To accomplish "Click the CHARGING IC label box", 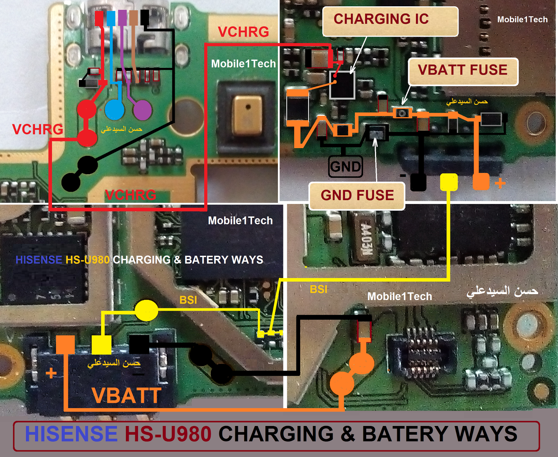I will (390, 21).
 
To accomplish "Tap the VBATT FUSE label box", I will (463, 71).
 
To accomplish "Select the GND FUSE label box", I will (357, 196).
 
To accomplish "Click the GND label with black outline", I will (346, 167).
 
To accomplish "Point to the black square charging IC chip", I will (342, 85).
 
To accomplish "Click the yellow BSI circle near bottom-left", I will (146, 310).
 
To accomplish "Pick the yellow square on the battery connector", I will (101, 345).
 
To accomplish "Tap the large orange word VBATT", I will (126, 396).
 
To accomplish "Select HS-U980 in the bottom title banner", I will (168, 434).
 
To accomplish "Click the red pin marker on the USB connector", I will (99, 18).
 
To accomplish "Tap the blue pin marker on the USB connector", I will (111, 18).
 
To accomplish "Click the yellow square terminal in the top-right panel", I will (449, 182).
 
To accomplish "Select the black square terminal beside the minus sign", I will (418, 182).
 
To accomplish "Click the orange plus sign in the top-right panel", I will (500, 183).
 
